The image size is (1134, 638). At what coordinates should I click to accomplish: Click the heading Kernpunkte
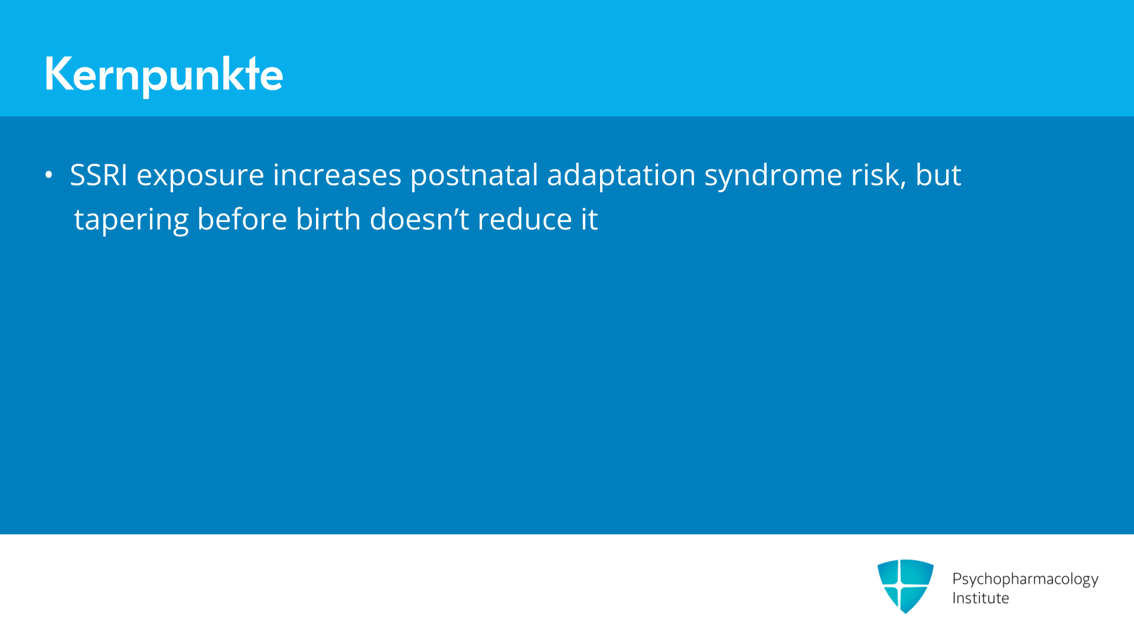(x=164, y=75)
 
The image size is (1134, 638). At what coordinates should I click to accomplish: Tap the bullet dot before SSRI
(x=48, y=175)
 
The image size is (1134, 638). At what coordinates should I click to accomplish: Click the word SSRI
(x=99, y=175)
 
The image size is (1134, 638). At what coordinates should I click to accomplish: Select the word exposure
(x=200, y=177)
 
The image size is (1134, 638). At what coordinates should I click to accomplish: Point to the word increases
(x=337, y=175)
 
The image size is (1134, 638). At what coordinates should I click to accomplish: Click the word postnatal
(x=474, y=175)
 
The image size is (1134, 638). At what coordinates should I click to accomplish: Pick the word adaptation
(x=621, y=175)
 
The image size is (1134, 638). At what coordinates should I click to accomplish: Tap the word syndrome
(x=773, y=177)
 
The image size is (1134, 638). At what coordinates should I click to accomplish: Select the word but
(x=939, y=175)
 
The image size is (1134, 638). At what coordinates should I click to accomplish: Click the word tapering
(x=131, y=221)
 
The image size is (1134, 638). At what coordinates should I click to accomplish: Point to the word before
(x=242, y=219)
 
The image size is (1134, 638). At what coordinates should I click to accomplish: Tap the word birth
(x=328, y=219)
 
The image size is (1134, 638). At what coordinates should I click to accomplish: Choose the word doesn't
(x=419, y=219)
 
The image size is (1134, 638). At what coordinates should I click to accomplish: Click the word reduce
(x=525, y=219)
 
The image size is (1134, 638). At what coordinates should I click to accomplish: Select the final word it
(x=589, y=219)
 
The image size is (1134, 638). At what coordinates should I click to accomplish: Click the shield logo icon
(x=905, y=586)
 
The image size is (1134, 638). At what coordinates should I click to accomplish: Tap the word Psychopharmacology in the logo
(x=1025, y=580)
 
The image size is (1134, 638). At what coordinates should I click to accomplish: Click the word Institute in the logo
(x=980, y=598)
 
